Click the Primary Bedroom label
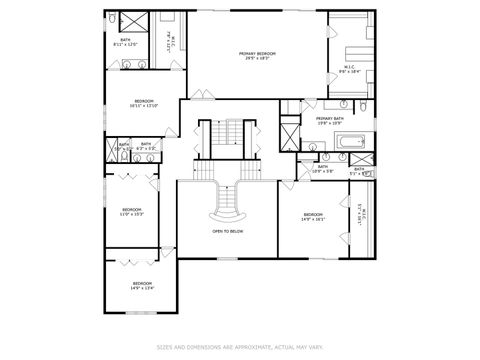pos(257,55)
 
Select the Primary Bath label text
pos(329,121)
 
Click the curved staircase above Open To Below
pos(227,205)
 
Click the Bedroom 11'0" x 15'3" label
pos(132,212)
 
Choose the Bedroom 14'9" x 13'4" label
pos(142,286)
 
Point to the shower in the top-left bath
pos(131,23)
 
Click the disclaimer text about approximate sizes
pos(239,348)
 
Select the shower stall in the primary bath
pos(290,134)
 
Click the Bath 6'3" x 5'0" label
pos(145,146)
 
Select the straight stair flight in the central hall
pos(228,135)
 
